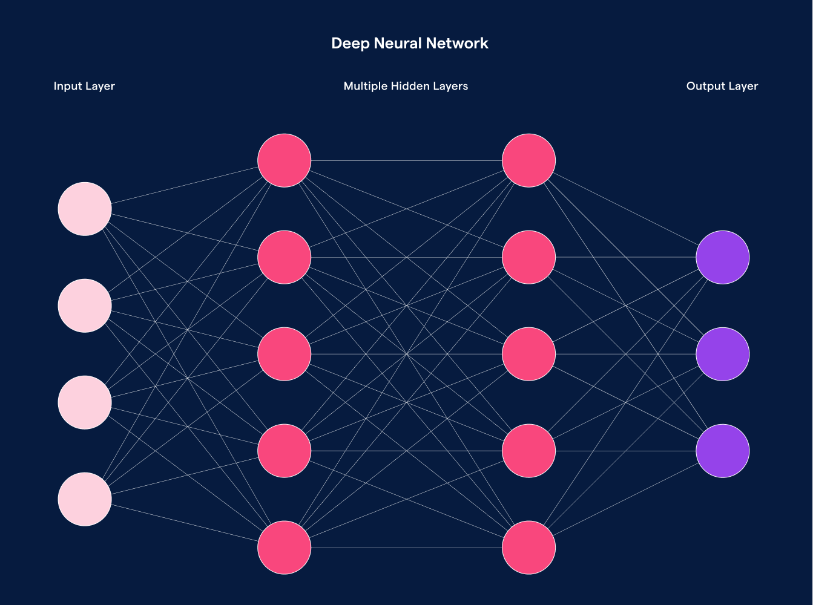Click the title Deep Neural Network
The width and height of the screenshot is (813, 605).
click(x=409, y=44)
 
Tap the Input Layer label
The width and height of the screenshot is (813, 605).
click(x=84, y=86)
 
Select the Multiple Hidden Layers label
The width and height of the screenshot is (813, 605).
click(x=406, y=86)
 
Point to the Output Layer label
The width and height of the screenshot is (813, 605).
click(x=722, y=86)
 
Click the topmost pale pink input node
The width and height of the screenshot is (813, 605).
click(x=85, y=209)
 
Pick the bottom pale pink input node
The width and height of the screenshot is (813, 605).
click(x=85, y=499)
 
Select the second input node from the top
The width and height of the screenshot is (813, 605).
click(x=85, y=306)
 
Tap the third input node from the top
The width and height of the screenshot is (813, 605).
click(x=85, y=402)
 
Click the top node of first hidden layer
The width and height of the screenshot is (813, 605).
click(x=285, y=160)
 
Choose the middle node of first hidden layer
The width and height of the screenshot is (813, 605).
click(x=285, y=354)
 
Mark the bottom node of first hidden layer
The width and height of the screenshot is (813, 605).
click(x=285, y=548)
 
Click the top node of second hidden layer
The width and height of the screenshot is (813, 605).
click(x=529, y=160)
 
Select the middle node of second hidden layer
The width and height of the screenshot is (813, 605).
click(x=529, y=354)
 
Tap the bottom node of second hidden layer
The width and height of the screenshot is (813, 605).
click(x=529, y=548)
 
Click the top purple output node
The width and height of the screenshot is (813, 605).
click(x=723, y=257)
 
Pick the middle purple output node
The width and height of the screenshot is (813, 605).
click(x=723, y=354)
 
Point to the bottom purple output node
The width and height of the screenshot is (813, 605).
click(x=723, y=451)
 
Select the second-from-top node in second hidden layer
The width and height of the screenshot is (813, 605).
click(x=529, y=257)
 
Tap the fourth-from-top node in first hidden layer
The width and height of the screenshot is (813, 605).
click(x=285, y=451)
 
